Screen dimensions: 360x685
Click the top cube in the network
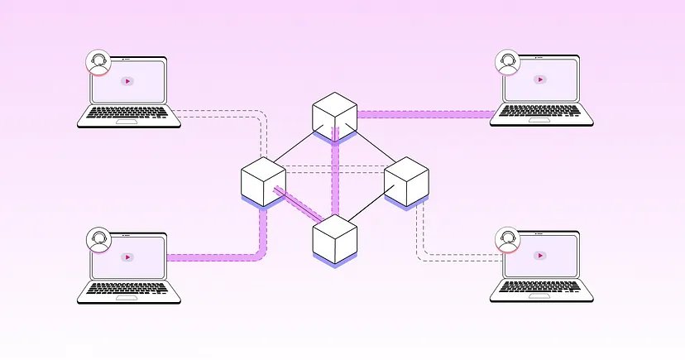[334, 116]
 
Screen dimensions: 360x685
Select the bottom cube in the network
[334, 238]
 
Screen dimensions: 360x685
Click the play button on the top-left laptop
[127, 81]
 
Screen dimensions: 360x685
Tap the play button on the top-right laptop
[539, 79]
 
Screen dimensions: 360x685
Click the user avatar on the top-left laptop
[98, 62]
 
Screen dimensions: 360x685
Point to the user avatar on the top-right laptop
[507, 61]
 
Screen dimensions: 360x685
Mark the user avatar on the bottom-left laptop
[98, 239]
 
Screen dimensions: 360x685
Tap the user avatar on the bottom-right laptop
[507, 240]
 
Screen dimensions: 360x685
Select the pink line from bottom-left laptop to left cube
[215, 257]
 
